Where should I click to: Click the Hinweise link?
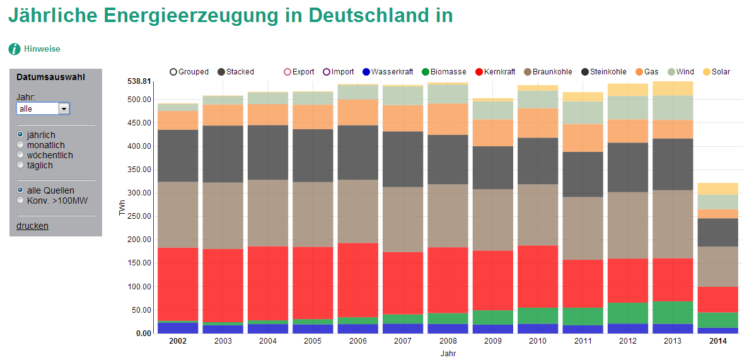click(42, 49)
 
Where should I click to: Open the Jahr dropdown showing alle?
click(43, 108)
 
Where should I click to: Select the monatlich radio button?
click(20, 145)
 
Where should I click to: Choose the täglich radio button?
click(20, 165)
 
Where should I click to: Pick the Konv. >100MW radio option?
click(20, 200)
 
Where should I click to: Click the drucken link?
click(32, 226)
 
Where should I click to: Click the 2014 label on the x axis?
click(717, 341)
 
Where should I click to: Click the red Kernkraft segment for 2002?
click(178, 284)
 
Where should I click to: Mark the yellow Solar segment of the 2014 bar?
click(717, 189)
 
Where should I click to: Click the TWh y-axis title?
click(123, 212)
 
